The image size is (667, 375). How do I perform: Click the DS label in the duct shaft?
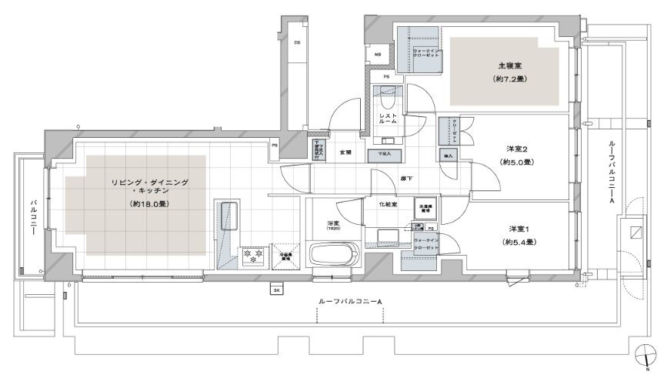pos(297,42)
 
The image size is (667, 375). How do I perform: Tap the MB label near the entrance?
pos(378,55)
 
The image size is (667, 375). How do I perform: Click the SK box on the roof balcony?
pos(275,290)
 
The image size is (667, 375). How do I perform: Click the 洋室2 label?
pos(515,149)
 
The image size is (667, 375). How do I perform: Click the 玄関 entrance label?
pos(345,152)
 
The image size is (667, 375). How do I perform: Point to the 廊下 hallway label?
pos(405,178)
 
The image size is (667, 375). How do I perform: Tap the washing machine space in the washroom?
pos(425,208)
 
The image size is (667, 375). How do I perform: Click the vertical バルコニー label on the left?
pos(34,209)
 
